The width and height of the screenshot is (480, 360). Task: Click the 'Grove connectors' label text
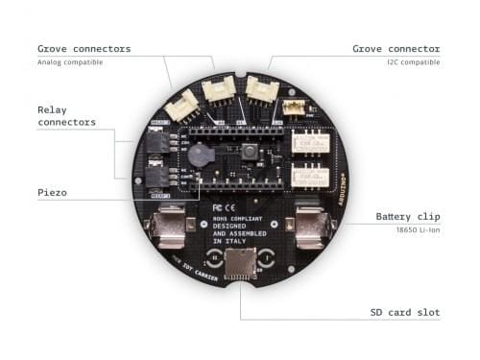click(x=84, y=48)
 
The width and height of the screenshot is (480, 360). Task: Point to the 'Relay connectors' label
click(x=66, y=116)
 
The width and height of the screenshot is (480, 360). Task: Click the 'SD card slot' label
click(x=404, y=312)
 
